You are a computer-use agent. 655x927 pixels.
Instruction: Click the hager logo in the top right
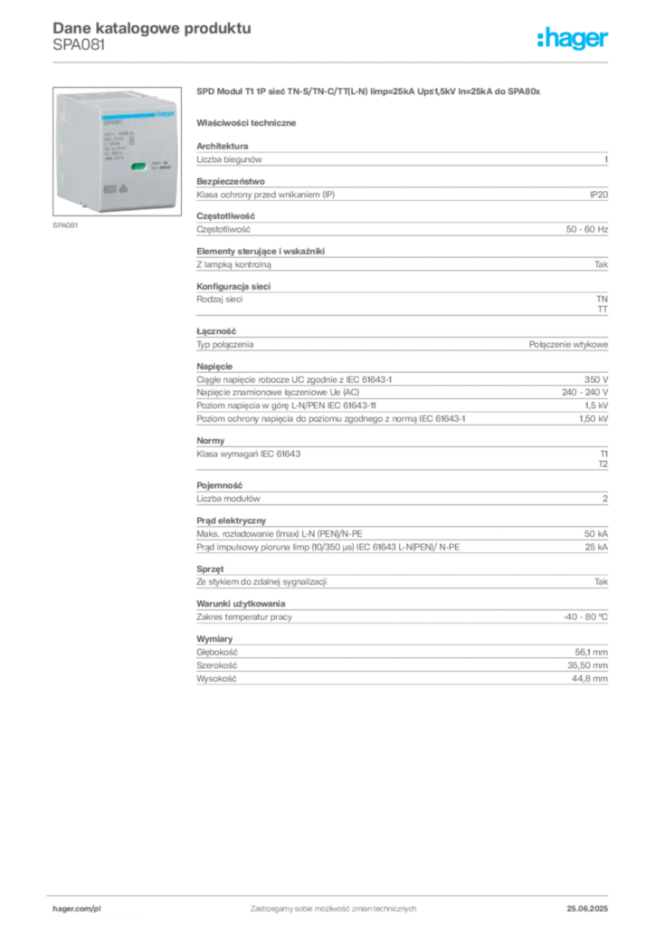[x=573, y=38]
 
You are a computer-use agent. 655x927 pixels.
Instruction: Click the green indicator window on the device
[x=138, y=167]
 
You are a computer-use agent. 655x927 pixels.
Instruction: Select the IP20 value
[x=598, y=195]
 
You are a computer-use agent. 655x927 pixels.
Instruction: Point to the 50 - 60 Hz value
[x=586, y=229]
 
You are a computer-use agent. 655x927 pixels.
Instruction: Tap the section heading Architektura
[x=222, y=146]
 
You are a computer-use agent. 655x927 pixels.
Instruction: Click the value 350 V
[x=596, y=379]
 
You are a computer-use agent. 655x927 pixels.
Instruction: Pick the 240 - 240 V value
[x=584, y=392]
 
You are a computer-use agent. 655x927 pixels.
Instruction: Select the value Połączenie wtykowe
[x=568, y=344]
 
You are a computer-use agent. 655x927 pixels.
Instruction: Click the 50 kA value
[x=596, y=534]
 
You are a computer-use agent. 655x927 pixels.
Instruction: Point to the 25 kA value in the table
[x=596, y=547]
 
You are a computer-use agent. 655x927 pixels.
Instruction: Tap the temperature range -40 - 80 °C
[x=585, y=616]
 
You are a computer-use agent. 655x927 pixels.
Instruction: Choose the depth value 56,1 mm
[x=591, y=652]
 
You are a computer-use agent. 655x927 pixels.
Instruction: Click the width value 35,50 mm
[x=588, y=665]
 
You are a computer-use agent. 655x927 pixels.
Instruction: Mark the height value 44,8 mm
[x=590, y=679]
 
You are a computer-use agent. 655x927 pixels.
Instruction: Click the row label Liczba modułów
[x=228, y=499]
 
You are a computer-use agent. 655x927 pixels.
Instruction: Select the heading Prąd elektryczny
[x=231, y=521]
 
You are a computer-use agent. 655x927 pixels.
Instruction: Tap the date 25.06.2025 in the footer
[x=587, y=909]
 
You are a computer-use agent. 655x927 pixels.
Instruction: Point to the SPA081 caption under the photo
[x=65, y=225]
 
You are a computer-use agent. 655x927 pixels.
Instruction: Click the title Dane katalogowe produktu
[x=152, y=28]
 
